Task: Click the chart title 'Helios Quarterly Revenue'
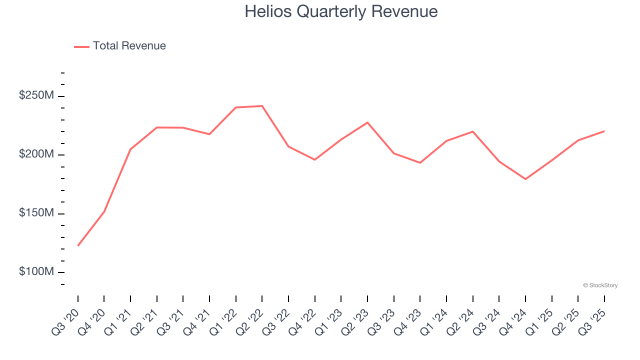pyautogui.click(x=341, y=11)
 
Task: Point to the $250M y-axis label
pyautogui.click(x=36, y=95)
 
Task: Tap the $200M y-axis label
pyautogui.click(x=36, y=154)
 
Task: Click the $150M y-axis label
pyautogui.click(x=36, y=213)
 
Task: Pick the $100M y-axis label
pyautogui.click(x=36, y=272)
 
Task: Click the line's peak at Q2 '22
pyautogui.click(x=262, y=106)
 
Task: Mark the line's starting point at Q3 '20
pyautogui.click(x=78, y=245)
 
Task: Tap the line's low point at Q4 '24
pyautogui.click(x=525, y=179)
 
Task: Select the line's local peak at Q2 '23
pyautogui.click(x=367, y=122)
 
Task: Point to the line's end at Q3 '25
pyautogui.click(x=604, y=131)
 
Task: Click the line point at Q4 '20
pyautogui.click(x=104, y=212)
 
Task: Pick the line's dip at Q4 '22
pyautogui.click(x=315, y=159)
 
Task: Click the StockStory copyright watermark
pyautogui.click(x=600, y=285)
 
